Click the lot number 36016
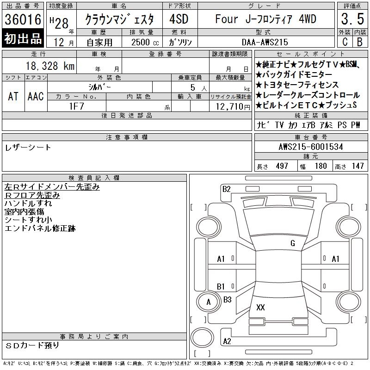[x=23, y=19]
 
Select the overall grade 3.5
[x=352, y=19]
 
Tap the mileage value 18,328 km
[x=50, y=66]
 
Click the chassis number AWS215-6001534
[x=311, y=147]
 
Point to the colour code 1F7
[x=77, y=106]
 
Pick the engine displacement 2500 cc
[x=145, y=42]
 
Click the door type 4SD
[x=179, y=19]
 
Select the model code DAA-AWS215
[x=265, y=42]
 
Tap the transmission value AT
[x=13, y=96]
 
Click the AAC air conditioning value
[x=36, y=96]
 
